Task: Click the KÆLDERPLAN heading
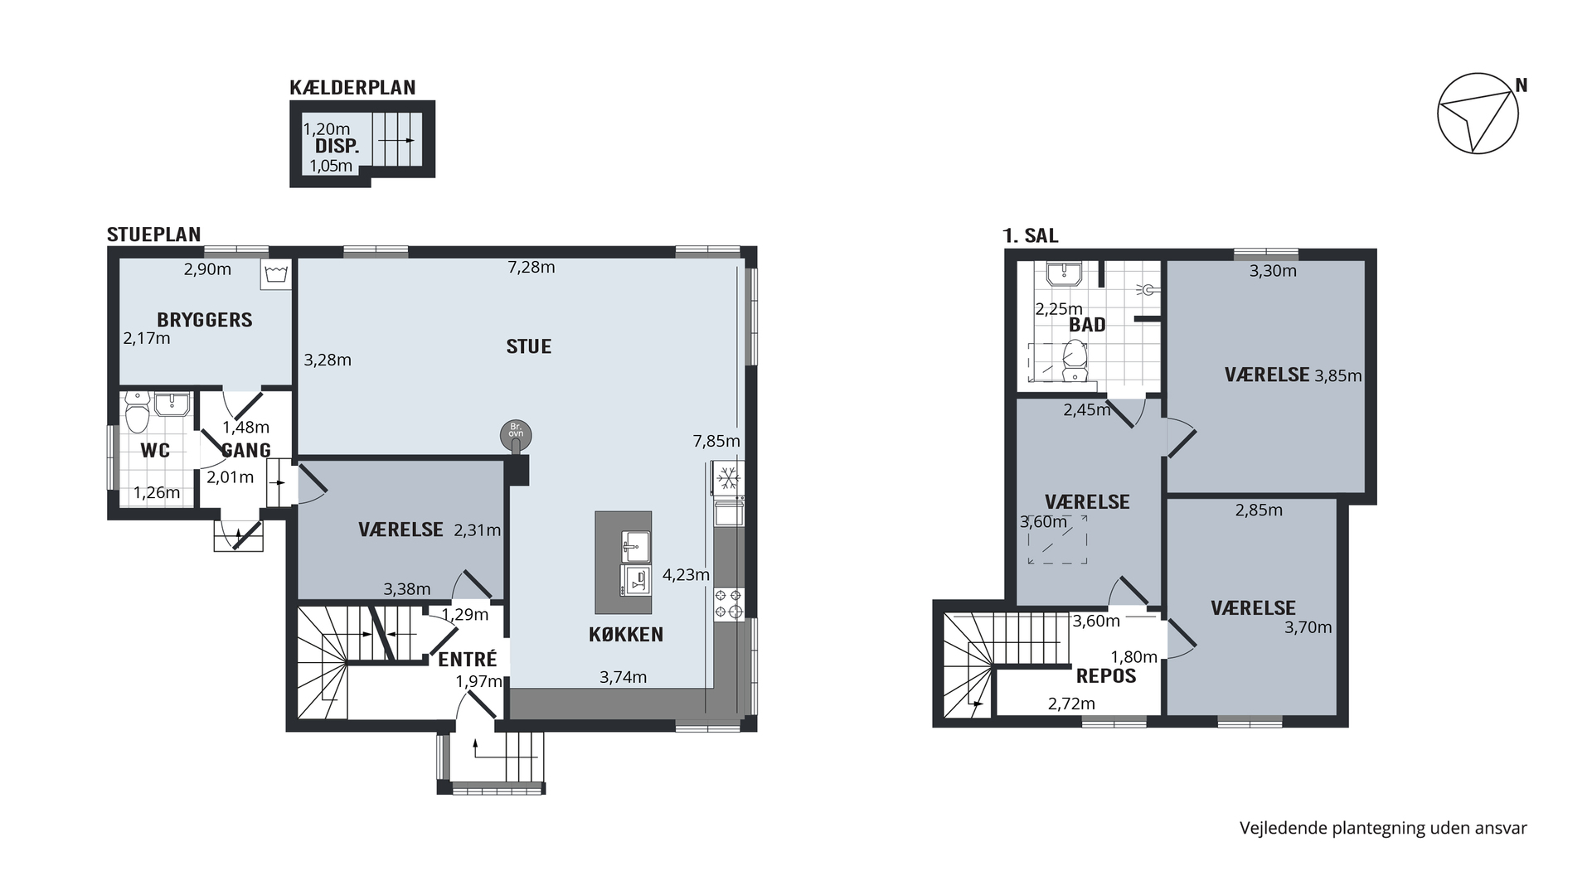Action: [352, 88]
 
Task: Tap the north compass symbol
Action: [1478, 114]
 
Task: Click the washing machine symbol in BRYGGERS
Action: [274, 275]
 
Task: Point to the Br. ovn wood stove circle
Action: [516, 434]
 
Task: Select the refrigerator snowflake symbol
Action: [727, 477]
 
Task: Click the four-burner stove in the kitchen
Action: [727, 602]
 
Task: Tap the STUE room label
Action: [529, 346]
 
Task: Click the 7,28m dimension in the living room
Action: [532, 267]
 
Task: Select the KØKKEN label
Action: [626, 635]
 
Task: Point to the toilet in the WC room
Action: [136, 412]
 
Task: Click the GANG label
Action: [247, 450]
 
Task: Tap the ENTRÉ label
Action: [468, 659]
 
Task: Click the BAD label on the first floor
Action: [1087, 325]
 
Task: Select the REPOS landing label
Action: [1106, 675]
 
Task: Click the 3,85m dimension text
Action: [1338, 375]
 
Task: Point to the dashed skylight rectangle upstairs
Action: [1057, 539]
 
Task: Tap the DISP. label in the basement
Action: [337, 147]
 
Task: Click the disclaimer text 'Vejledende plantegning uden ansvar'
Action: [1383, 828]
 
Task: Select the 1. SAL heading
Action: [1031, 235]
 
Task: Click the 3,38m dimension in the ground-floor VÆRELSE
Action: [407, 589]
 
